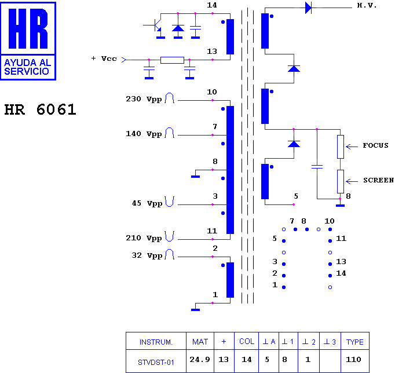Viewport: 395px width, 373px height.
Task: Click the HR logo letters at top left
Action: (x=28, y=28)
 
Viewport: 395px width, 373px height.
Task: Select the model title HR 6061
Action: (x=40, y=109)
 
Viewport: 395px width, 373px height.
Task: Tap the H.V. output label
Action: (x=367, y=6)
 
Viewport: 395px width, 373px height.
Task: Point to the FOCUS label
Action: (x=375, y=145)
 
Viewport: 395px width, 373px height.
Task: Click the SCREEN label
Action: (x=378, y=180)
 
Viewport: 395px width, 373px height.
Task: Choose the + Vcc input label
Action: (x=104, y=58)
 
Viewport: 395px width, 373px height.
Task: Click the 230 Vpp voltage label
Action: (x=144, y=99)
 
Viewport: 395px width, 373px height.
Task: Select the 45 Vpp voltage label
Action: (x=147, y=203)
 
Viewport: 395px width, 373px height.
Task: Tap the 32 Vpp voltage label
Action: (x=147, y=255)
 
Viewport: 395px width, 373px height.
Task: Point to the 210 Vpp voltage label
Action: (x=144, y=238)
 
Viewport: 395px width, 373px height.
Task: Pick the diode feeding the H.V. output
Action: (x=308, y=8)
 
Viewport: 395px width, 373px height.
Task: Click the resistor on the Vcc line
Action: (x=173, y=60)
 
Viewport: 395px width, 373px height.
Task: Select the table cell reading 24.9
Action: (x=200, y=360)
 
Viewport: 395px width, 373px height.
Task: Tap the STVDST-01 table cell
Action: (x=156, y=363)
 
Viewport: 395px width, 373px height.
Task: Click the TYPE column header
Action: (x=354, y=342)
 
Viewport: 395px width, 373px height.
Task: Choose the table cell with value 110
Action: (x=353, y=360)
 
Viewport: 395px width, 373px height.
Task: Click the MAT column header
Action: (x=200, y=342)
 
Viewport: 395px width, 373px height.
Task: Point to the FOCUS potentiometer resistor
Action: (x=341, y=147)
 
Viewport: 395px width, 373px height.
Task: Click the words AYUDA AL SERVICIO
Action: (x=27, y=67)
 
